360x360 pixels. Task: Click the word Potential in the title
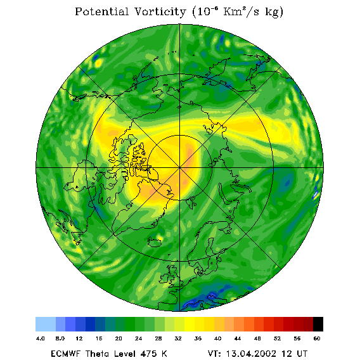click(x=101, y=12)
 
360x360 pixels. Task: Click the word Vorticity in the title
click(x=160, y=12)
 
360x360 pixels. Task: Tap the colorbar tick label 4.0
click(x=41, y=338)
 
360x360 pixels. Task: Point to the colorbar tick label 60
click(x=317, y=338)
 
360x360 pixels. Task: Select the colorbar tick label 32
click(x=178, y=338)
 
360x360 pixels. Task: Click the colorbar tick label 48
click(x=257, y=338)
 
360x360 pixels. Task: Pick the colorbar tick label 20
click(x=119, y=338)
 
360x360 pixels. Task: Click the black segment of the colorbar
click(x=318, y=324)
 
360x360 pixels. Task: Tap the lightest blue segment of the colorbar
click(x=46, y=324)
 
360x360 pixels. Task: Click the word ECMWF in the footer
click(x=65, y=353)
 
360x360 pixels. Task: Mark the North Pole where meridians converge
click(x=180, y=168)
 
